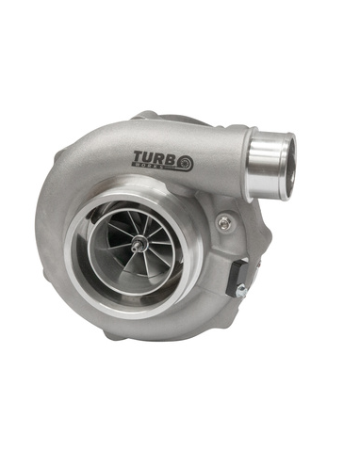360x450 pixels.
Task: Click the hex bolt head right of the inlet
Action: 223,223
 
